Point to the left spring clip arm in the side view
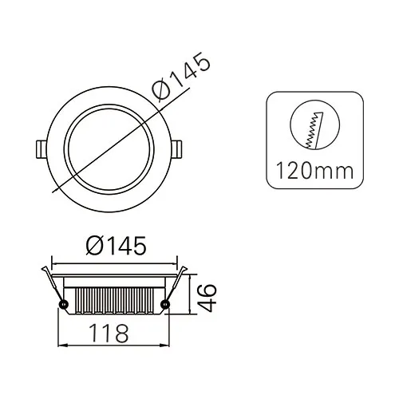[53, 283]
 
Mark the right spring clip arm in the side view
[176, 283]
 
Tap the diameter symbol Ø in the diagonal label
[162, 97]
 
